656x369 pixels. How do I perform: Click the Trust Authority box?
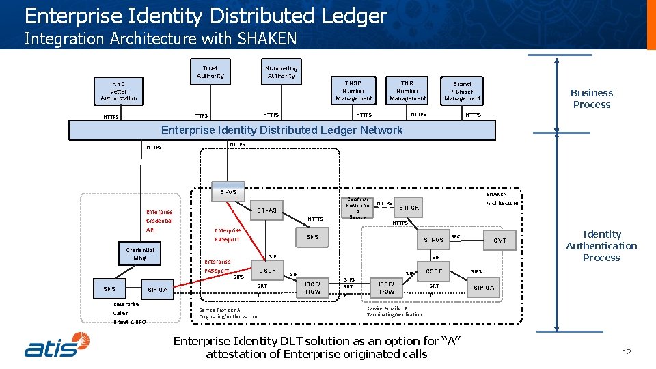[210, 72]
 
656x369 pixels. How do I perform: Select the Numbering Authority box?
[281, 72]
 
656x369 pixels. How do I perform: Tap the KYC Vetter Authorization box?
[118, 91]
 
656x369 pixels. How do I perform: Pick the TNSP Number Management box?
[353, 91]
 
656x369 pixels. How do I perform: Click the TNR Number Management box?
[407, 90]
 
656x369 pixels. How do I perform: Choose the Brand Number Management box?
[462, 91]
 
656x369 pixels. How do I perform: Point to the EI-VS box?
[228, 192]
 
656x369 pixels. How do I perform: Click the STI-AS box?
[266, 210]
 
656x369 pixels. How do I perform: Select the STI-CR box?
[409, 207]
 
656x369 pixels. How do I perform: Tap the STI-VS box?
[433, 240]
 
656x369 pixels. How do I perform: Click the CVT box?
[500, 241]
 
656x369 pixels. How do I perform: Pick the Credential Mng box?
[139, 254]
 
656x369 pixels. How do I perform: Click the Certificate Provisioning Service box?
[359, 208]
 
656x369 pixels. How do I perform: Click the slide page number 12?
[626, 352]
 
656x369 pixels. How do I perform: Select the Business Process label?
[592, 98]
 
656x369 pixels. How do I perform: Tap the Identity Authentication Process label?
[601, 246]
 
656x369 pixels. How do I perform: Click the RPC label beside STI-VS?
[456, 237]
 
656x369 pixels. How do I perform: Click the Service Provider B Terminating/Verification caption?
[394, 311]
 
